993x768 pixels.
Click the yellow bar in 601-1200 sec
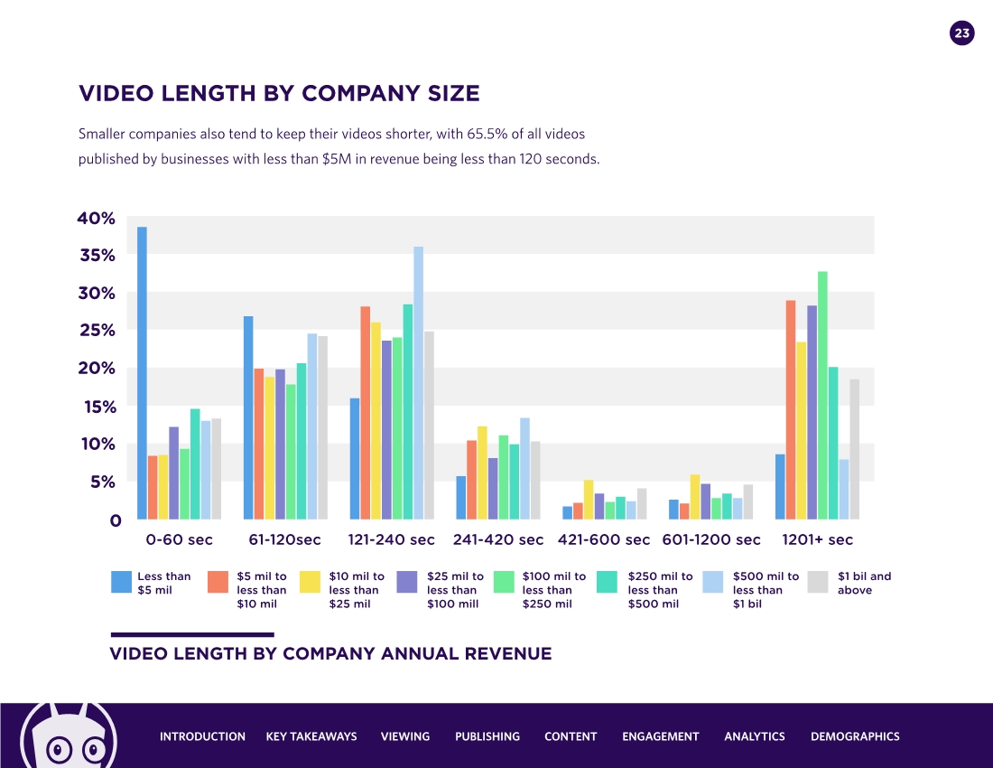[695, 497]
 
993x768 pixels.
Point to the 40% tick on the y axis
[97, 218]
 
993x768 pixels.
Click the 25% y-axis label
[97, 331]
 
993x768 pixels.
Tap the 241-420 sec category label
[498, 539]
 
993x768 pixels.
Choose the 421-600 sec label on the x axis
[604, 539]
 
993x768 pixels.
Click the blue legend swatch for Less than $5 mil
[122, 582]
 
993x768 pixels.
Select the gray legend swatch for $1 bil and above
[819, 582]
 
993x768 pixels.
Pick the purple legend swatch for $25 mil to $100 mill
[407, 582]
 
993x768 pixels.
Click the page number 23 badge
[962, 34]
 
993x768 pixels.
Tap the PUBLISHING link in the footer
[487, 736]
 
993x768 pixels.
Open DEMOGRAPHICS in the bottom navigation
[855, 736]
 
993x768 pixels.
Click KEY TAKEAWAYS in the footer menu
[311, 736]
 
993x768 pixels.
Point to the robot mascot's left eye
[59, 749]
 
